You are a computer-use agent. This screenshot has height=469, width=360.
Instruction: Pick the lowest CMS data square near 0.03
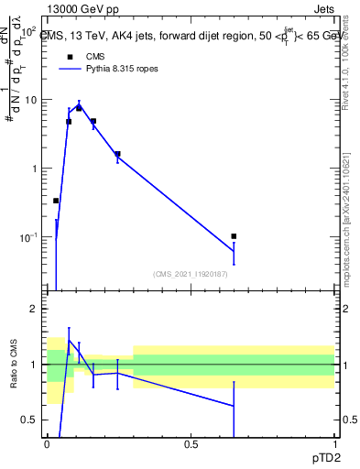pyautogui.click(x=56, y=201)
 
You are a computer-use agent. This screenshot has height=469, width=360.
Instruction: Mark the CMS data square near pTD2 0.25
pyautogui.click(x=117, y=154)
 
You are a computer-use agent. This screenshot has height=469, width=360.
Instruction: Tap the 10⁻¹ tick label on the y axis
pyautogui.click(x=30, y=237)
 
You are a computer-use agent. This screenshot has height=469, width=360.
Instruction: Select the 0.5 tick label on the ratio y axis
pyautogui.click(x=31, y=420)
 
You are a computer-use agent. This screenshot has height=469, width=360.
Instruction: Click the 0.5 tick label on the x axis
pyautogui.click(x=191, y=445)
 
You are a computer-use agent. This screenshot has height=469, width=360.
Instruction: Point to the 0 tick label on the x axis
pyautogui.click(x=48, y=445)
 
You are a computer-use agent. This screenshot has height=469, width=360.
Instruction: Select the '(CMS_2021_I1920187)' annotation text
pyautogui.click(x=191, y=273)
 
